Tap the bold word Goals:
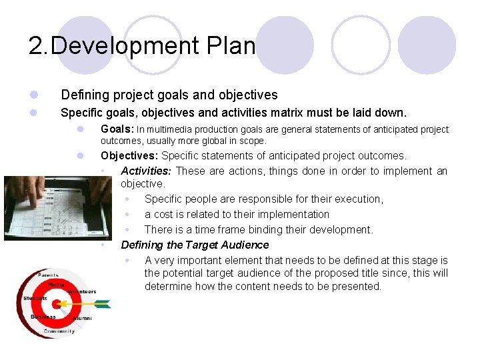(117, 129)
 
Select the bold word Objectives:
(130, 155)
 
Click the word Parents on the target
(47, 275)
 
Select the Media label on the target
(56, 285)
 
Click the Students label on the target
(35, 298)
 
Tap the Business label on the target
(43, 317)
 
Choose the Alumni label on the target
(81, 319)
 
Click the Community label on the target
(59, 331)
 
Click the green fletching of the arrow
(102, 305)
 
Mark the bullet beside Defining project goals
(33, 95)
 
